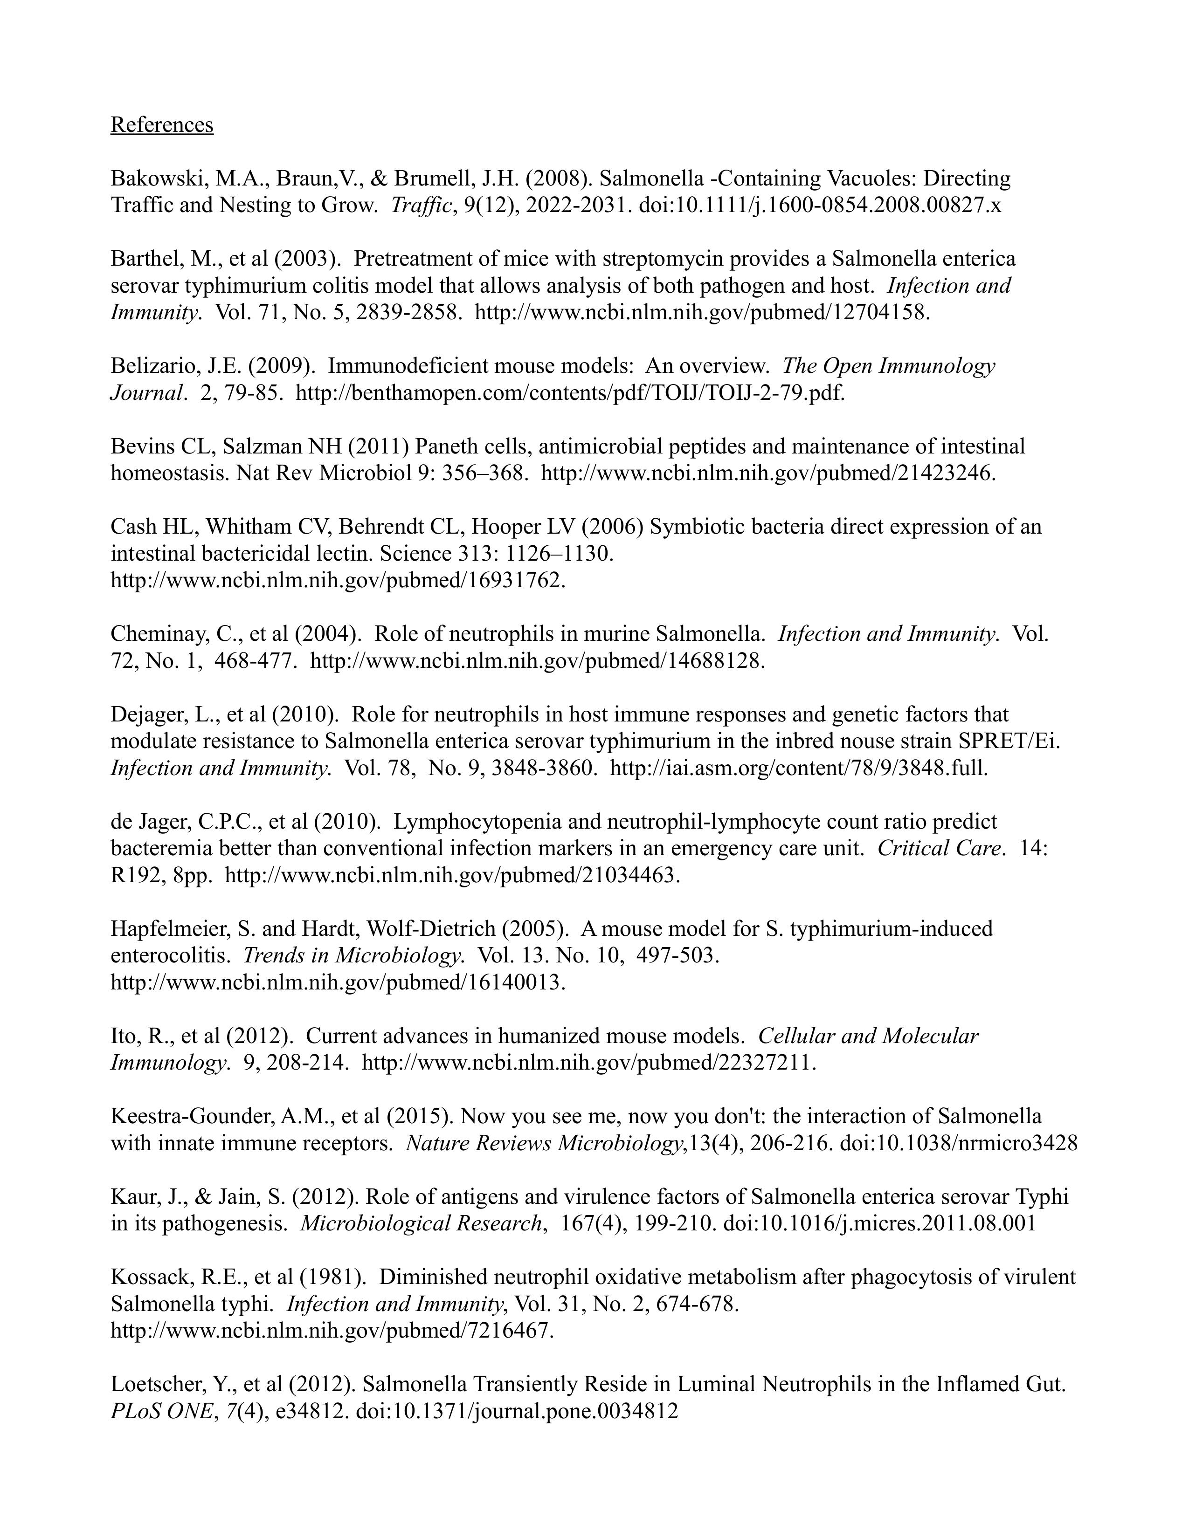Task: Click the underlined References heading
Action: (162, 124)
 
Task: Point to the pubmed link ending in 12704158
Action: (702, 313)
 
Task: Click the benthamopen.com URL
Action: (569, 393)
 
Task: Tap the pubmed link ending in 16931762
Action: (338, 580)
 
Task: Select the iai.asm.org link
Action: (799, 768)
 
